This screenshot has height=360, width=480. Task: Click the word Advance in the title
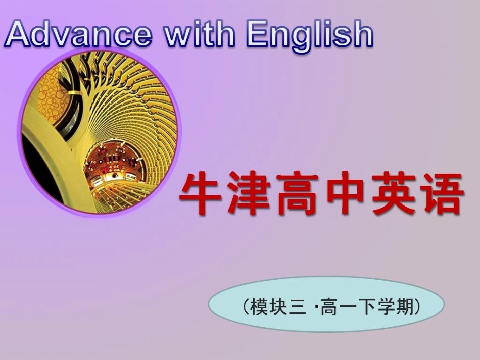click(x=78, y=34)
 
